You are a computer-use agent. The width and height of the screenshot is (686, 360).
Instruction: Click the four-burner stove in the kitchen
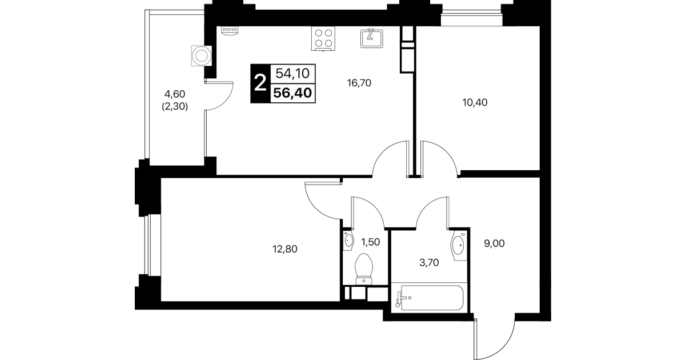coord(323,39)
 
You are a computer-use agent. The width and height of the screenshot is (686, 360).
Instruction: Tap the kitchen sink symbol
coord(372,39)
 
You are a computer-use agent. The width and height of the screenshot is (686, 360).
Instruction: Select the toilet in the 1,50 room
coord(363,269)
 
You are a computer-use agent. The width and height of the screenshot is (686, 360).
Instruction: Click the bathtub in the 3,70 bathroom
coord(430,298)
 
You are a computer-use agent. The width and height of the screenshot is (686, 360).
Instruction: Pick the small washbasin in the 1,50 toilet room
coord(348,241)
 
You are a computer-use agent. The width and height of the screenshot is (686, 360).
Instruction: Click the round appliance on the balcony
coord(201,56)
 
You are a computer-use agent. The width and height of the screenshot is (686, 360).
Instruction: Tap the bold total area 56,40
coord(292,93)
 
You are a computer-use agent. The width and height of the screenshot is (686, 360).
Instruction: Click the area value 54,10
coord(292,74)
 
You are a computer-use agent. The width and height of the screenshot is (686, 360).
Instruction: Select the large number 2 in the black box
coord(260,83)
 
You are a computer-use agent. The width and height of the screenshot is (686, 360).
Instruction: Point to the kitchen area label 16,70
coord(359,83)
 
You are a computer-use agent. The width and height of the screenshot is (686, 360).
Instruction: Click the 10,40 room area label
coord(475,102)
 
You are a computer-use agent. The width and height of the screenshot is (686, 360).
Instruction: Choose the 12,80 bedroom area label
coord(285,249)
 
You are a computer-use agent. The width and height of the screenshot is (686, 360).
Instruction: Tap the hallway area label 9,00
coord(494,243)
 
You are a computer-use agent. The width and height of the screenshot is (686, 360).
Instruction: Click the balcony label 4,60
coord(175,94)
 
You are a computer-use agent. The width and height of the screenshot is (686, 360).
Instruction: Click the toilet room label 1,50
coord(371,242)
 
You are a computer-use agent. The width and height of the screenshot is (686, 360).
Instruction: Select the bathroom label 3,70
coord(429,262)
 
